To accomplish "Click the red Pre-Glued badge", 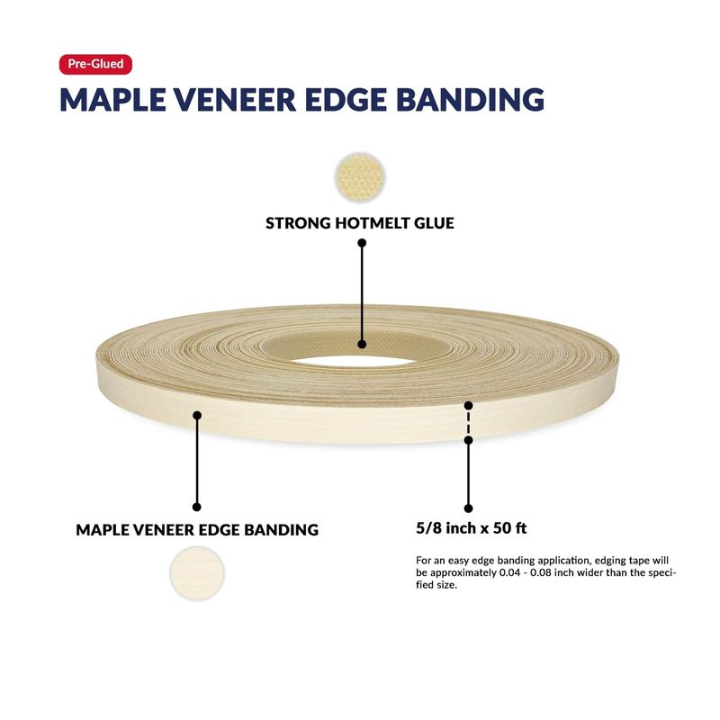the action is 95,64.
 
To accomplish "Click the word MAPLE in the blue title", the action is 113,99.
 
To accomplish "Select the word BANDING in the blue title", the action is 470,99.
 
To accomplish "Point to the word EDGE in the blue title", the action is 346,99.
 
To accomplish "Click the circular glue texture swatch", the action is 361,176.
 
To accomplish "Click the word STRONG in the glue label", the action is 298,223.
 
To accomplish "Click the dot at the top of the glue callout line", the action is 362,243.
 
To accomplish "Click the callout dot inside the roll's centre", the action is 362,344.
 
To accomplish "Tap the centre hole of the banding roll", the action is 354,362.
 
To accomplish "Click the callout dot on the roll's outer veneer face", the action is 197,416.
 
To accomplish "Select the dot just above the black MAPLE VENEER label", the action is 197,507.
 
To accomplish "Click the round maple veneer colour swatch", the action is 197,573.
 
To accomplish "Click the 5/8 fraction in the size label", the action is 429,528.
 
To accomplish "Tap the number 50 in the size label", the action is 502,528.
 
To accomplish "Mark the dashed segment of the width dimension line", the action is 468,423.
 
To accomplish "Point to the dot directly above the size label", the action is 468,508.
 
